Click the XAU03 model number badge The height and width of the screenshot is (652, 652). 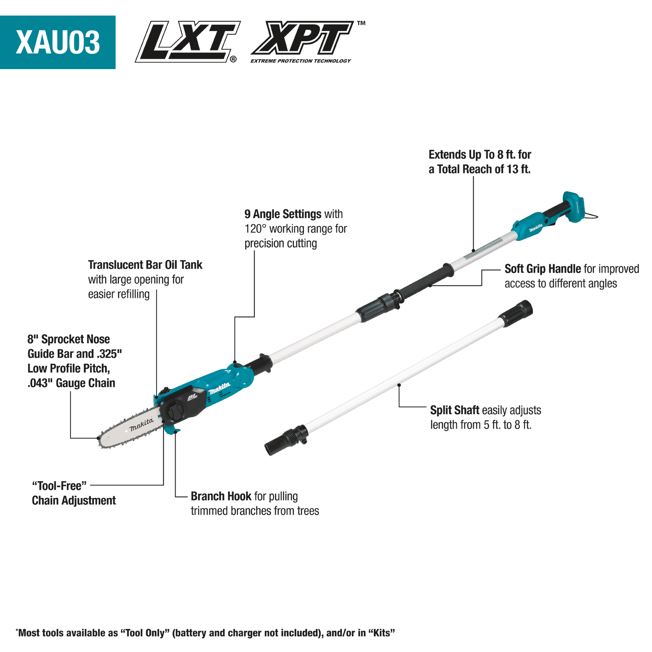pos(58,42)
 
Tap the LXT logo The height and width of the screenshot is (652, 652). pos(188,41)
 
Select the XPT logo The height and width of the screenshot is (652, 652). pos(303,38)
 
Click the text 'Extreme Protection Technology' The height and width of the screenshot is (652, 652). pos(300,61)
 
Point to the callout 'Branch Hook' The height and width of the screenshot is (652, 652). pos(221,496)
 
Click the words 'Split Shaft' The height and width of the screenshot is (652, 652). pos(454,410)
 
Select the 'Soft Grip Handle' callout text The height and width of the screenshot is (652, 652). pos(542,269)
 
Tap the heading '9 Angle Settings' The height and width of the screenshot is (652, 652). pos(283,214)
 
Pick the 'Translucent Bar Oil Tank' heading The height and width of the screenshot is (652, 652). pos(145,265)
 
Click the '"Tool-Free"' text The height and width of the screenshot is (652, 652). pos(60,486)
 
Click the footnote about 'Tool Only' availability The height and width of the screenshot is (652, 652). pos(205,633)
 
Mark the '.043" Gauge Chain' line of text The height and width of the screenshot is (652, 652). pos(71,383)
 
